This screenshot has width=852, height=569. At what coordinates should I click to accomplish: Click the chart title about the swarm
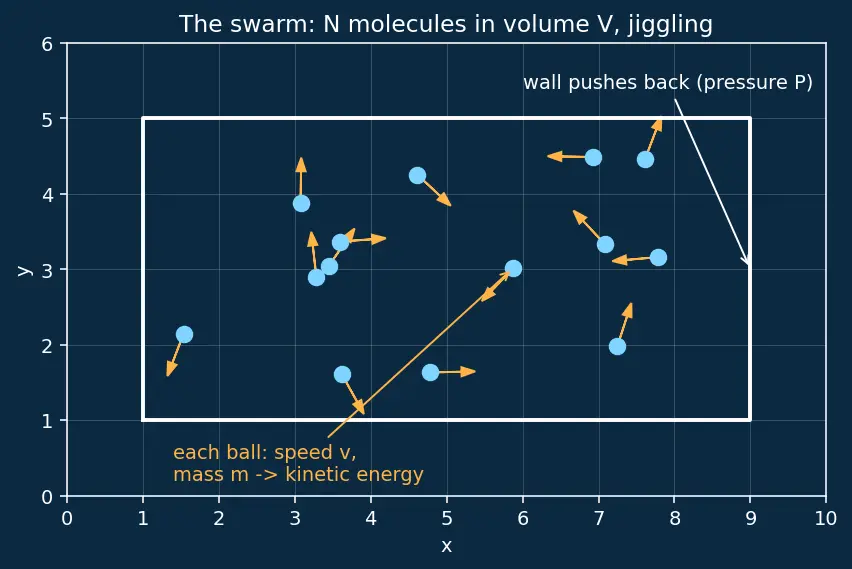click(446, 24)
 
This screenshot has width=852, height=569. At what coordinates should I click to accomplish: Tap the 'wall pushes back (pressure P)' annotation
click(668, 83)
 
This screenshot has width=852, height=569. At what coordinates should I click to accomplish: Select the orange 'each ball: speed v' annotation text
click(298, 464)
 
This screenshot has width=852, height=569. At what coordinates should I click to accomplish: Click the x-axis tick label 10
click(825, 518)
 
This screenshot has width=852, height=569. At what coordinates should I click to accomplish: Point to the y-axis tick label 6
click(47, 44)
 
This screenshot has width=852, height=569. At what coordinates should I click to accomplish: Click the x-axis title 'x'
click(446, 546)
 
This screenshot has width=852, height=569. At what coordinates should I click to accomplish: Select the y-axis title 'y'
click(24, 270)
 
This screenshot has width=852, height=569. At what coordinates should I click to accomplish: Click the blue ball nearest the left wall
click(184, 334)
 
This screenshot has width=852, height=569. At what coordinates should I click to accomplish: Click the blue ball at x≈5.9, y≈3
click(513, 268)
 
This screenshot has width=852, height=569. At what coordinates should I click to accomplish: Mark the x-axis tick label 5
click(447, 518)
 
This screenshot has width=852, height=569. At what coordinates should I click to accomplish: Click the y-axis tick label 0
click(47, 497)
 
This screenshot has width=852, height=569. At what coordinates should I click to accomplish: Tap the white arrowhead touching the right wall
click(746, 260)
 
